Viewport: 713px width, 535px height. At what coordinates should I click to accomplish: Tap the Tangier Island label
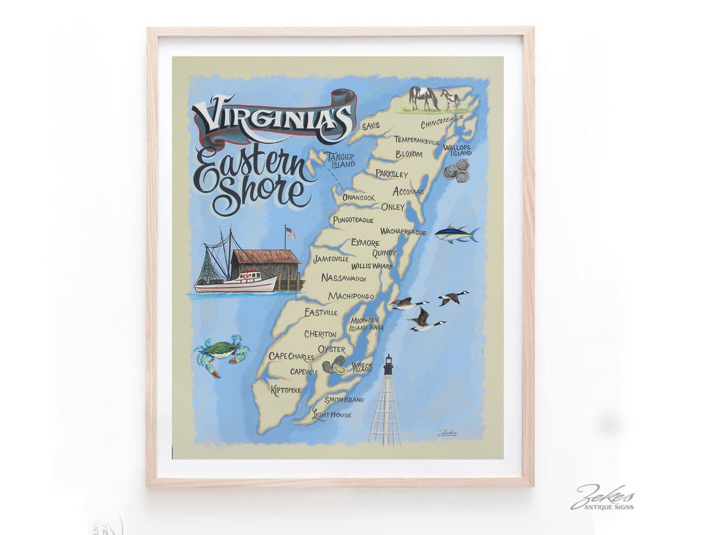[340, 160]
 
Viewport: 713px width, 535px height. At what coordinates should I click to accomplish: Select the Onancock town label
[358, 197]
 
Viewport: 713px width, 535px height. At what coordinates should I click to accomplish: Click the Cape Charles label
[291, 357]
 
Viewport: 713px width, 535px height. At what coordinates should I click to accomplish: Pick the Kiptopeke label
[286, 390]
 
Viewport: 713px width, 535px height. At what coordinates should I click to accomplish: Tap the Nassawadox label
[344, 278]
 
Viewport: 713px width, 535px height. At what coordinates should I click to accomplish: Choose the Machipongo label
[351, 296]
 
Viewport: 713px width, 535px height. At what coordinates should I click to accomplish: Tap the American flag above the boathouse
[290, 233]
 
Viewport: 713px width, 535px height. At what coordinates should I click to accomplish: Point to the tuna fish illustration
[456, 233]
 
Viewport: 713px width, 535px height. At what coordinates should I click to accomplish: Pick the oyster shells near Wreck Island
[334, 365]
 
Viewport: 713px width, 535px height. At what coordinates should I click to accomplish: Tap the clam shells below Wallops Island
[456, 170]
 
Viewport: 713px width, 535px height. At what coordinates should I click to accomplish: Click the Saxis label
[370, 125]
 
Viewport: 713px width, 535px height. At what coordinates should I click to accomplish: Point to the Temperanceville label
[417, 140]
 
